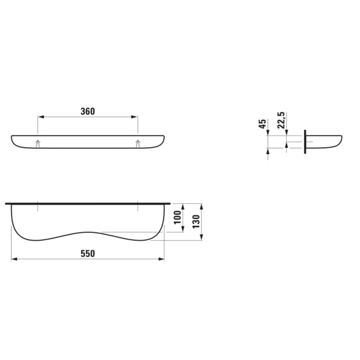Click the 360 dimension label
point(88,112)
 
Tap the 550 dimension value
point(88,254)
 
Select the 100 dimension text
point(177,218)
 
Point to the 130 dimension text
point(196,222)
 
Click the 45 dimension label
point(262,124)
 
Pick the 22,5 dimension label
point(281,120)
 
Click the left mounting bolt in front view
point(38,143)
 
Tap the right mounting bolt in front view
point(138,143)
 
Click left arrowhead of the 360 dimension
point(41,117)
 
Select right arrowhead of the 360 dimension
point(135,117)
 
